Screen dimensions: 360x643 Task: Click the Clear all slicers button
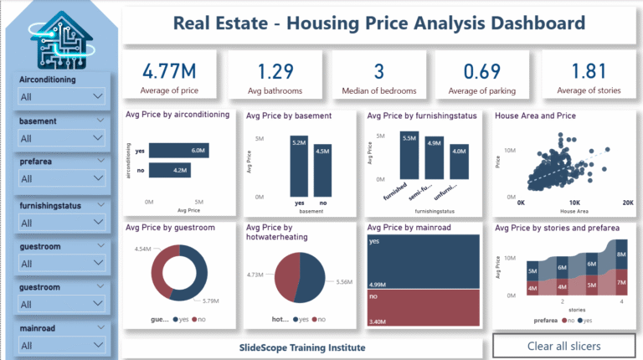[563, 346]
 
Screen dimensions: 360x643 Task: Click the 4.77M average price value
[169, 70]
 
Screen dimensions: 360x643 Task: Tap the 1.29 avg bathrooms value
[275, 70]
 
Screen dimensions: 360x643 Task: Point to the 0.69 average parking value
[481, 70]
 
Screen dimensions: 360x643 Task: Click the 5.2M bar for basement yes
[300, 165]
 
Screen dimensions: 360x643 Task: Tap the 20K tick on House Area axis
[626, 203]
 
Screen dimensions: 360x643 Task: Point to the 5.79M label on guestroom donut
[205, 301]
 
